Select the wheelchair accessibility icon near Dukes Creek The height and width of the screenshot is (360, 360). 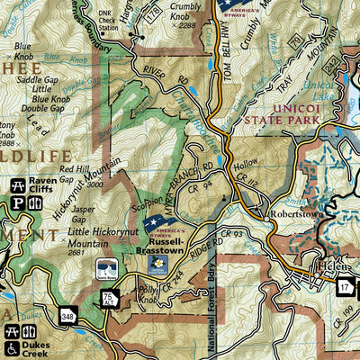point(12,348)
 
